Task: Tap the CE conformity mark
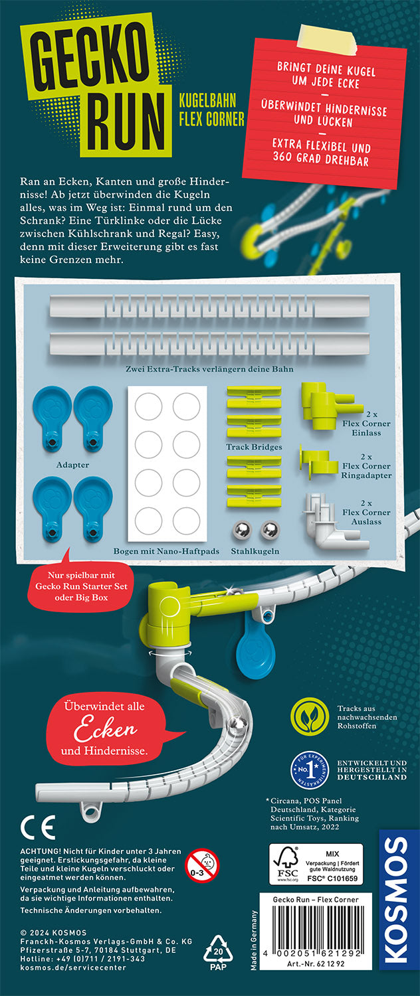[x=38, y=827]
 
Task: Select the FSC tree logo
[x=287, y=863]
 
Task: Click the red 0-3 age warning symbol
[x=203, y=865]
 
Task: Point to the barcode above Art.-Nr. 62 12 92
[x=315, y=930]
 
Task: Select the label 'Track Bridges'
[x=254, y=447]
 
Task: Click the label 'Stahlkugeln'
[x=255, y=551]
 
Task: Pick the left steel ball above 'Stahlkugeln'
[x=242, y=531]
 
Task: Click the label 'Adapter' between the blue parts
[x=72, y=465]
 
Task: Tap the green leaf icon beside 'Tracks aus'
[x=310, y=716]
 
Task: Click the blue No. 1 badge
[x=310, y=769]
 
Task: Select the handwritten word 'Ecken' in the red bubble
[x=106, y=728]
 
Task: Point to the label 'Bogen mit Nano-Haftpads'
[x=166, y=551]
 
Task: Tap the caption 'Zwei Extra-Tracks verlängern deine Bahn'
[x=209, y=369]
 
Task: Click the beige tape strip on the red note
[x=328, y=40]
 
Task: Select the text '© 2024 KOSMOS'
[x=53, y=932]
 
